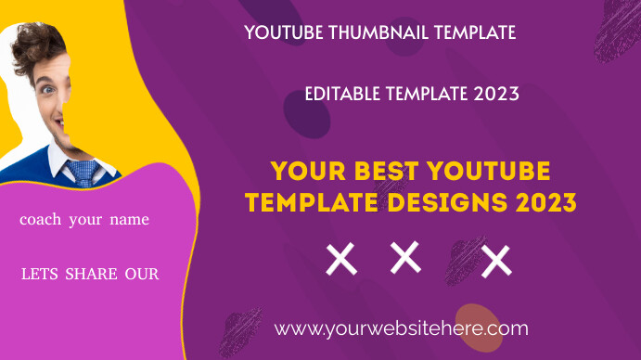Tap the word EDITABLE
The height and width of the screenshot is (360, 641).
click(x=342, y=94)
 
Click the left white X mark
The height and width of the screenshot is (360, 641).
click(x=341, y=260)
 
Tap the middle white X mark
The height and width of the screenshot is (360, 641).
click(x=405, y=257)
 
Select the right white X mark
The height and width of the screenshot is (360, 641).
click(x=496, y=261)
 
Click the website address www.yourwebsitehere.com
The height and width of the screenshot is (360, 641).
click(x=402, y=328)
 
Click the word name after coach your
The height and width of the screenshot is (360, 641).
click(x=128, y=221)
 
